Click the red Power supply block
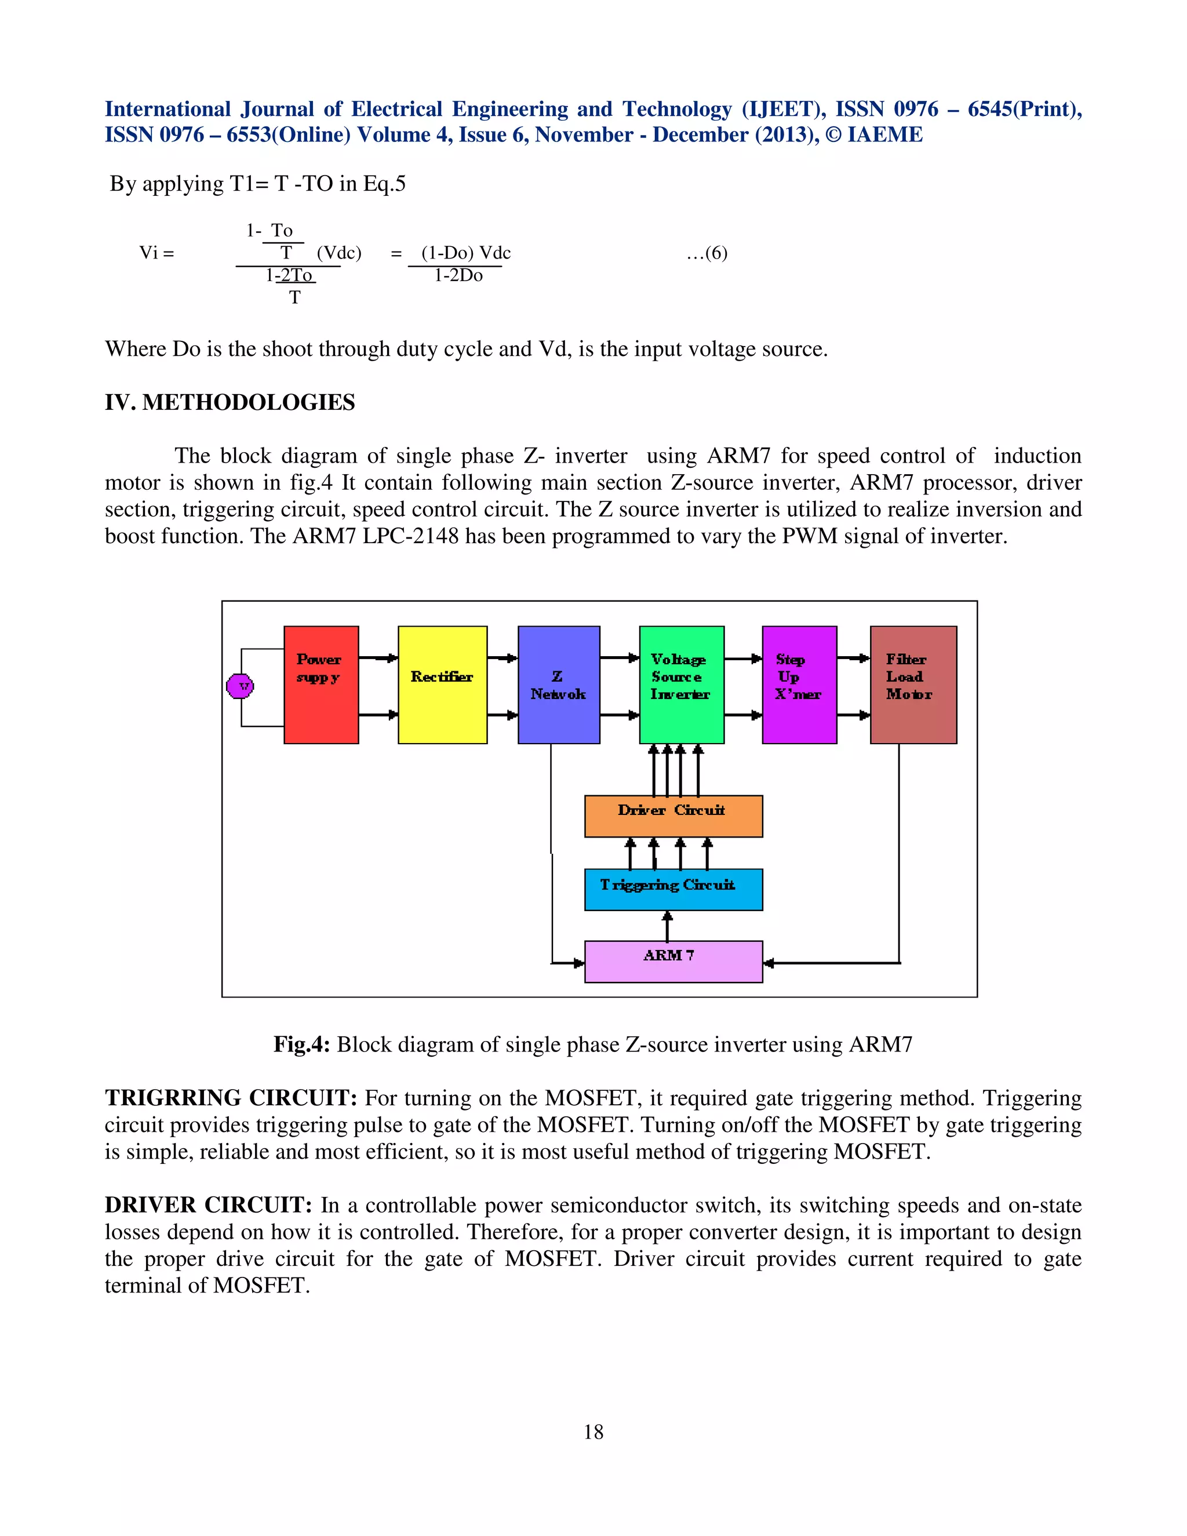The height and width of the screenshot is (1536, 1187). pyautogui.click(x=321, y=685)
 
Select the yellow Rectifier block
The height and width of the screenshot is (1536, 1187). pyautogui.click(x=442, y=685)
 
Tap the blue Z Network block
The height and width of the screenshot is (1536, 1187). pyautogui.click(x=558, y=685)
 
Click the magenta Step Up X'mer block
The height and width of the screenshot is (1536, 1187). pyautogui.click(x=799, y=685)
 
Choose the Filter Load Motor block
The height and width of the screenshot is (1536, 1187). pyautogui.click(x=913, y=685)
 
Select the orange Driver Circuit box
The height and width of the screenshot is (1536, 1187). pyautogui.click(x=673, y=816)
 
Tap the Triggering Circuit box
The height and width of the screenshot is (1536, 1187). pyautogui.click(x=673, y=889)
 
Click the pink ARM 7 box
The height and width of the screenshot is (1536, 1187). pyautogui.click(x=673, y=960)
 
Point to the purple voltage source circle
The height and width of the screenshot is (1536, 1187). pyautogui.click(x=240, y=686)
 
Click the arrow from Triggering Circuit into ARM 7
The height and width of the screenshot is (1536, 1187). pyautogui.click(x=667, y=926)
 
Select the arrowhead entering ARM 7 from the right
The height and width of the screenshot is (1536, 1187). pyautogui.click(x=769, y=963)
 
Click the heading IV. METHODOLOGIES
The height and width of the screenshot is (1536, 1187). pyautogui.click(x=230, y=402)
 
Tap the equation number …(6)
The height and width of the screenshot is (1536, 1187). pyautogui.click(x=707, y=253)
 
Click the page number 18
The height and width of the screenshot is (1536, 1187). pyautogui.click(x=593, y=1432)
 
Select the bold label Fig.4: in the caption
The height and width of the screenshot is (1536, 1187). pyautogui.click(x=301, y=1044)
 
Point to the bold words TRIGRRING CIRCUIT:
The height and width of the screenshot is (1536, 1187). pyautogui.click(x=231, y=1098)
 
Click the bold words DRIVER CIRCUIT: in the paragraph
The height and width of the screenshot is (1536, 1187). pyautogui.click(x=208, y=1205)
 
